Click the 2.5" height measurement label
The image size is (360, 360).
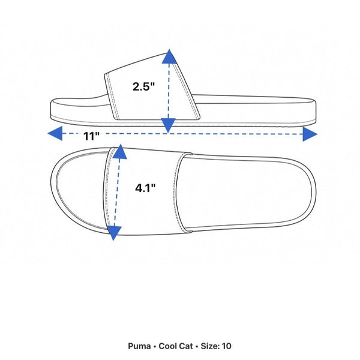144,86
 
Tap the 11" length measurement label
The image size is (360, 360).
91,136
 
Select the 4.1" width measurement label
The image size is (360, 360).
145,188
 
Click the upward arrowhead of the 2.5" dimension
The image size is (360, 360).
169,56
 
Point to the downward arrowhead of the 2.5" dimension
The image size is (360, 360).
168,125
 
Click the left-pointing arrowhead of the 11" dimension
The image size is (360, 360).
55,133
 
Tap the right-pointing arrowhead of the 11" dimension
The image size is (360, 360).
310,134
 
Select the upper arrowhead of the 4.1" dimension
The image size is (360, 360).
120,152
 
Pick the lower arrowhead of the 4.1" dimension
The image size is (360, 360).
114,233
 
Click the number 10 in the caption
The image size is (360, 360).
227,346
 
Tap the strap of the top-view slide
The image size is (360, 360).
147,191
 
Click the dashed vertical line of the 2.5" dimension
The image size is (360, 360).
169,91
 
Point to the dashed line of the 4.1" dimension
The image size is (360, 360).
117,193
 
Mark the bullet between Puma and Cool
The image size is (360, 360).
155,346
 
